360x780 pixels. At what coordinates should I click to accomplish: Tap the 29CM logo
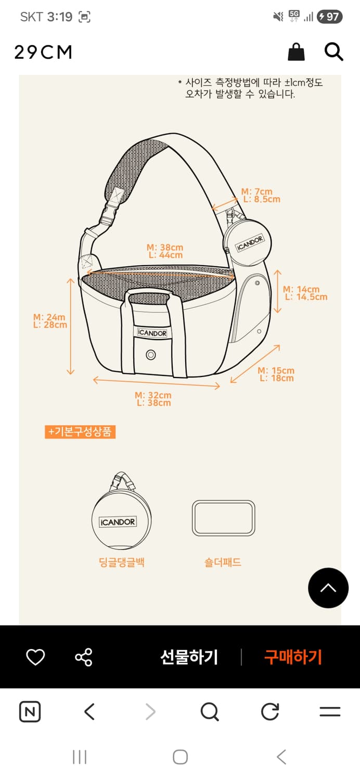pyautogui.click(x=43, y=52)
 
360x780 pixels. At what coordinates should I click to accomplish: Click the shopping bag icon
pyautogui.click(x=296, y=52)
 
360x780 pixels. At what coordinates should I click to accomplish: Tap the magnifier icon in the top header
pyautogui.click(x=334, y=52)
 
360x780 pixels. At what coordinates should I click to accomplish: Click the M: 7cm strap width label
pyautogui.click(x=257, y=191)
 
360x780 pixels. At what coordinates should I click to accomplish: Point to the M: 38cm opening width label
pyautogui.click(x=165, y=247)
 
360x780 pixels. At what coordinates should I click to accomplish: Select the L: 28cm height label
pyautogui.click(x=50, y=325)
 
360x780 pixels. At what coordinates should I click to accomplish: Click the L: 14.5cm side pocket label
pyautogui.click(x=306, y=297)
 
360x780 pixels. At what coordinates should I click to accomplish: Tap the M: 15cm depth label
pyautogui.click(x=276, y=370)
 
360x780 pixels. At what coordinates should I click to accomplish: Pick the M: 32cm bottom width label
pyautogui.click(x=153, y=395)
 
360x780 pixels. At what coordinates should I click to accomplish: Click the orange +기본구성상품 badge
pyautogui.click(x=80, y=432)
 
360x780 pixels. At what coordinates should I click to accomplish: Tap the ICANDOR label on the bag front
pyautogui.click(x=152, y=333)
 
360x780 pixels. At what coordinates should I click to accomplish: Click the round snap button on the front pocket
pyautogui.click(x=150, y=355)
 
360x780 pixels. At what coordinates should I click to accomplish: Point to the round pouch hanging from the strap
pyautogui.click(x=248, y=242)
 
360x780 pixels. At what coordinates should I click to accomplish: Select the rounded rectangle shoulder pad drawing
pyautogui.click(x=224, y=518)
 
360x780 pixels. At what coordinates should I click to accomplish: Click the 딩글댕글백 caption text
pyautogui.click(x=122, y=562)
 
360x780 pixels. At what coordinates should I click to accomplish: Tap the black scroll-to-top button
pyautogui.click(x=328, y=588)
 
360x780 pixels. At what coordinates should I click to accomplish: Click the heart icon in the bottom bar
pyautogui.click(x=35, y=657)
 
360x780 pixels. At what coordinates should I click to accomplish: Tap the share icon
pyautogui.click(x=84, y=657)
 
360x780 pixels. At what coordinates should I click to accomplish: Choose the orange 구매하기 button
pyautogui.click(x=293, y=657)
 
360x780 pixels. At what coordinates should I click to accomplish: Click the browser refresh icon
pyautogui.click(x=270, y=711)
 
